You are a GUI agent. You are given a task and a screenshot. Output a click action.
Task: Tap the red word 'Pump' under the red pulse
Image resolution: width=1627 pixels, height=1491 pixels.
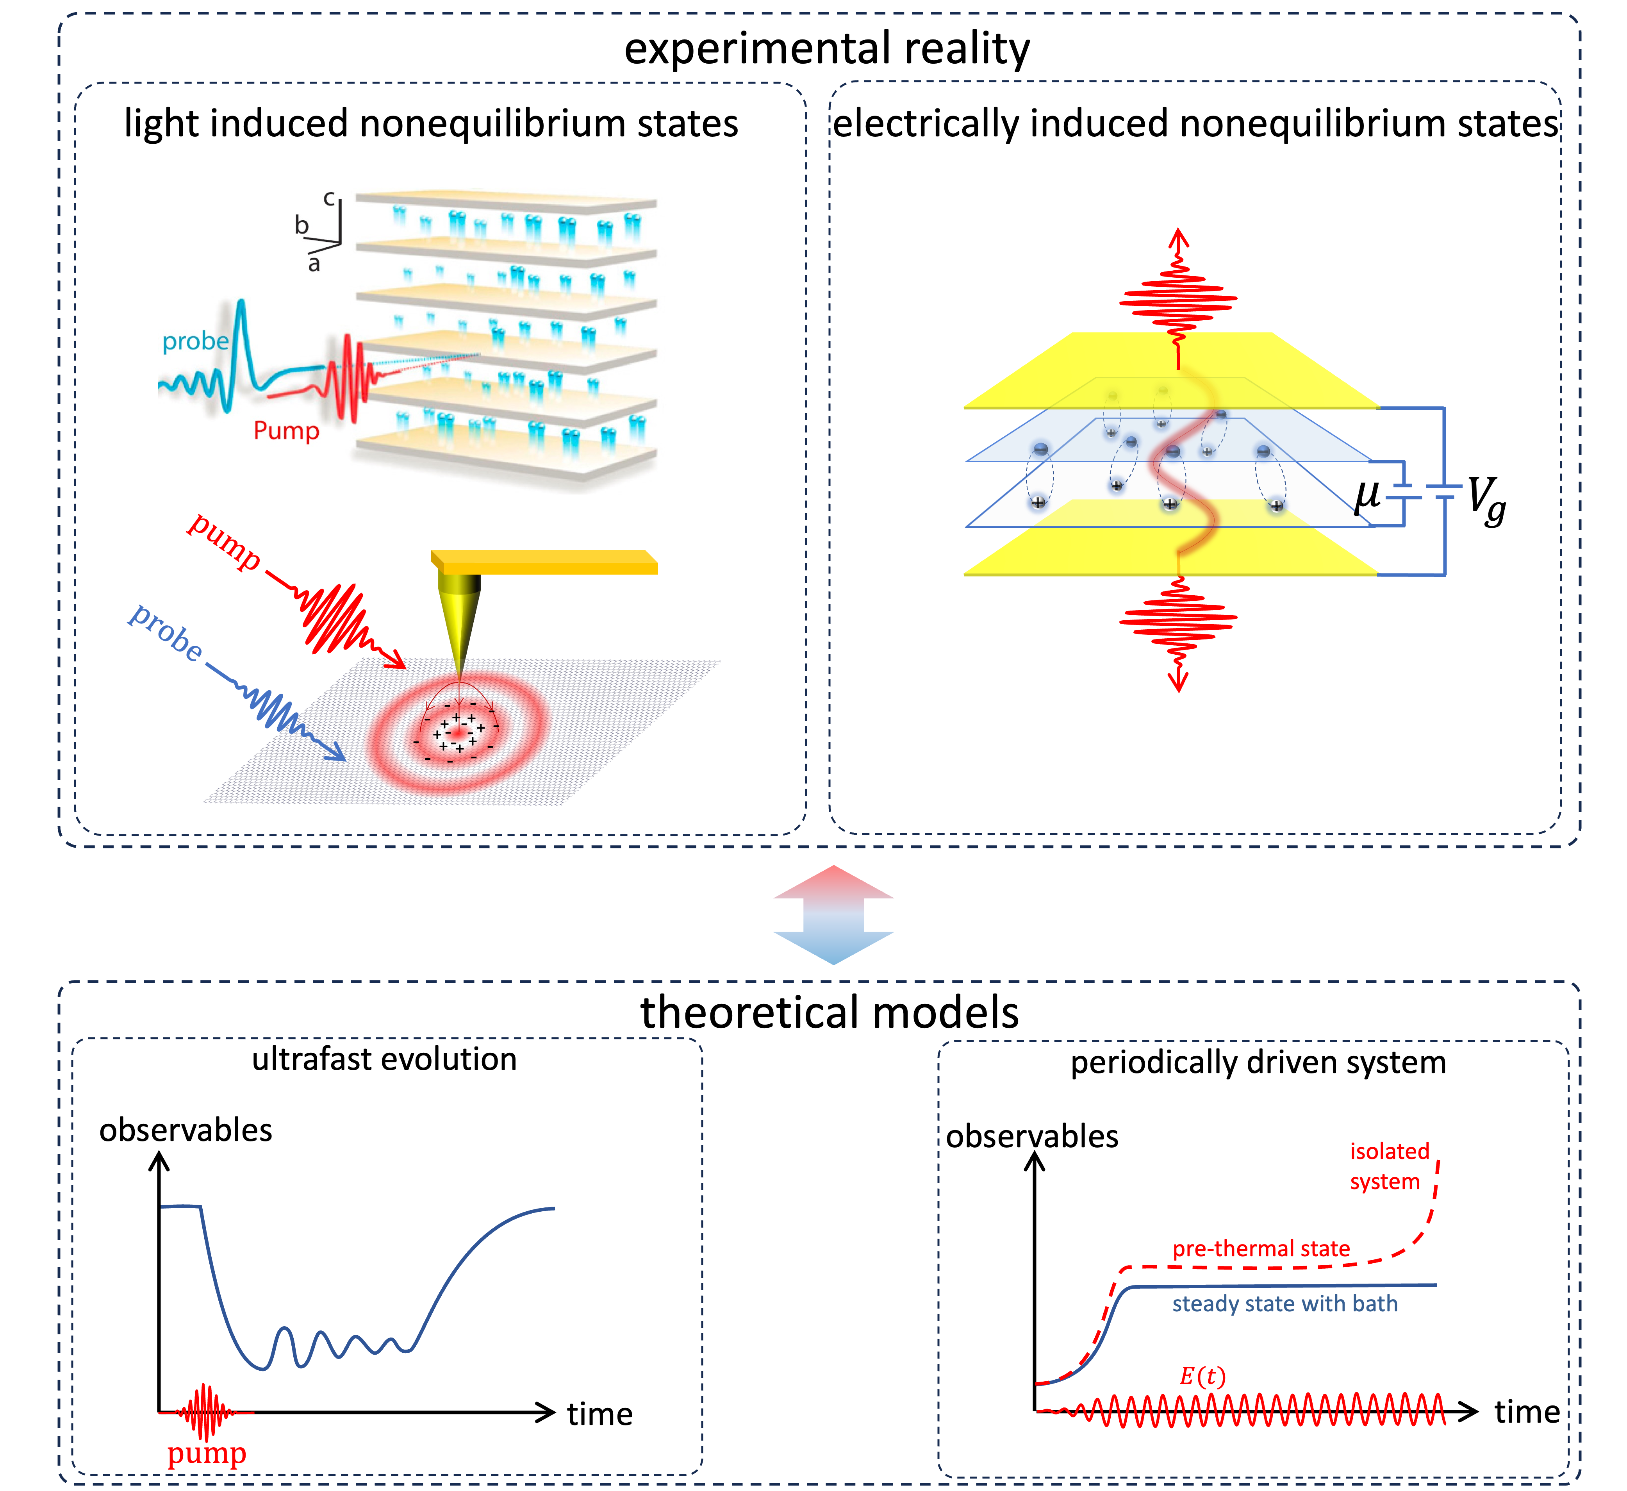[286, 430]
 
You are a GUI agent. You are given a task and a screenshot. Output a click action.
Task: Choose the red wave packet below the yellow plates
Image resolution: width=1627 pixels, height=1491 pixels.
[1178, 620]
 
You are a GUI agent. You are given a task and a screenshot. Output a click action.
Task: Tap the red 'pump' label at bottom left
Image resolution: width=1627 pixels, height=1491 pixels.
[207, 1454]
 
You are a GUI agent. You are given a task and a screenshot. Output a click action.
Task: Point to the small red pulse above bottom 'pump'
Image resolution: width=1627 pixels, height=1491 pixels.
[206, 1413]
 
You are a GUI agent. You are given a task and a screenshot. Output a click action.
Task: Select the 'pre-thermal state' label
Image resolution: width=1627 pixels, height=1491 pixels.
[1261, 1249]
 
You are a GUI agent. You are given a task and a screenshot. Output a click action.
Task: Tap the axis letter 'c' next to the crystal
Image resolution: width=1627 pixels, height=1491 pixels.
[329, 198]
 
